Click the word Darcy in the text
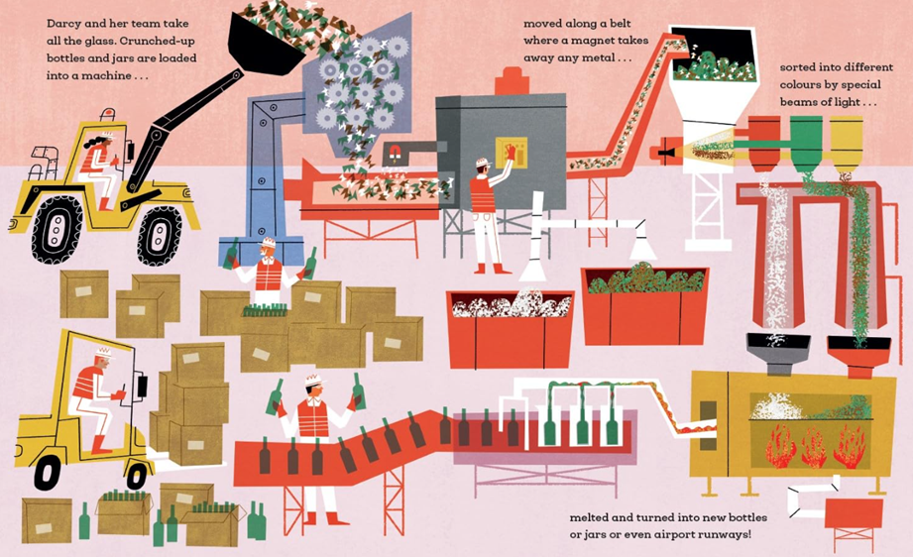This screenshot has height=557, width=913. (x=63, y=25)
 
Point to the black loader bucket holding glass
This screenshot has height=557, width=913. (x=265, y=46)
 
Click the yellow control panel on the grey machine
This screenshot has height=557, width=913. (x=511, y=153)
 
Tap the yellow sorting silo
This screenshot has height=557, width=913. (x=846, y=144)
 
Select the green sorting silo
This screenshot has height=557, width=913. (x=807, y=144)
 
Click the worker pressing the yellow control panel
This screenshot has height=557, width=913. (x=488, y=212)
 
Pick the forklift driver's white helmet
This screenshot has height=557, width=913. (x=104, y=353)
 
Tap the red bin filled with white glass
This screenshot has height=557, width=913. (x=511, y=329)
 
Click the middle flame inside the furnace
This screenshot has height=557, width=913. (x=814, y=448)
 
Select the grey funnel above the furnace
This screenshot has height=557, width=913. (x=778, y=353)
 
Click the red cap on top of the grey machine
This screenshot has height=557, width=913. (x=512, y=81)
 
